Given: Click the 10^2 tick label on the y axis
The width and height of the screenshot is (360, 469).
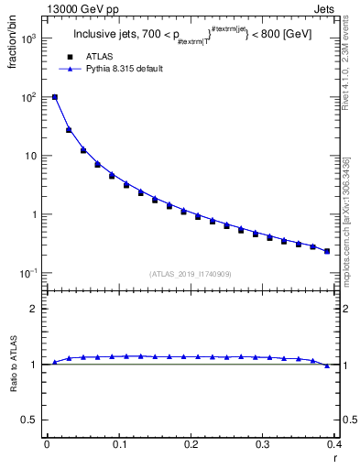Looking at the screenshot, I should click(30, 97).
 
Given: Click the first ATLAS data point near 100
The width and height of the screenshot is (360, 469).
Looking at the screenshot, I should click(55, 97).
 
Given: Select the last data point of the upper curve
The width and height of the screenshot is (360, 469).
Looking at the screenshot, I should click(327, 251).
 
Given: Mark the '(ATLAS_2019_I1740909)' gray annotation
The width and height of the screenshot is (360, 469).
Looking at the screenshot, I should click(191, 274).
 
